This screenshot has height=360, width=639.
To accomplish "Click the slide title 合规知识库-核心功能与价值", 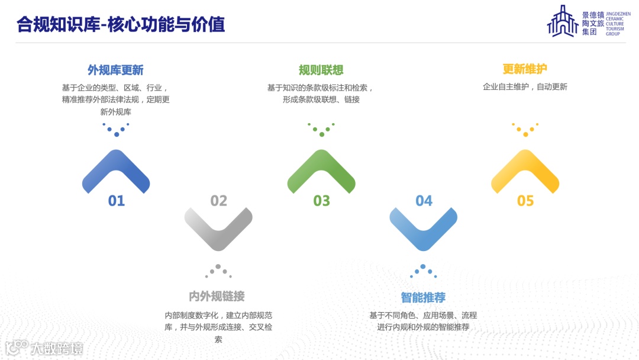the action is point(121,25).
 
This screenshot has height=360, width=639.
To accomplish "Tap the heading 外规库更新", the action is point(115,70).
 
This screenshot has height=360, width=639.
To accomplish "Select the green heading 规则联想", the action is point(321,70).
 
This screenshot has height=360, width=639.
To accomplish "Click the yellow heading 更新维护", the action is point(525,69).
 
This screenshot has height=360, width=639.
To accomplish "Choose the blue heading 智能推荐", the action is point(423,297).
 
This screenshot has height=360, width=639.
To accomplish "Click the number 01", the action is point(117,201).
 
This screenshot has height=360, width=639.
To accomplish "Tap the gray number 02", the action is point(219,201).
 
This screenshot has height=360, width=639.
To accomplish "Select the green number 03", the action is point(321,201).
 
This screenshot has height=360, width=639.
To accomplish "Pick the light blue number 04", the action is point(424,201).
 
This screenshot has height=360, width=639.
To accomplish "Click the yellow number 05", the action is point(525,201).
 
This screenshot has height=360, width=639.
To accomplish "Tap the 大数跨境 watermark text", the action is point(57,348).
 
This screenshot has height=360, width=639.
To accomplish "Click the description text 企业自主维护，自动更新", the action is point(525,87).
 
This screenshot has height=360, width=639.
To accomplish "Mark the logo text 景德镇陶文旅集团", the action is point(593,23).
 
